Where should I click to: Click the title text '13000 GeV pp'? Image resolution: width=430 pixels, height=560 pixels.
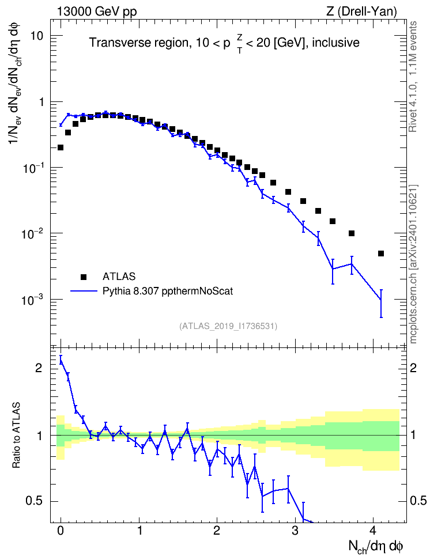[96, 12]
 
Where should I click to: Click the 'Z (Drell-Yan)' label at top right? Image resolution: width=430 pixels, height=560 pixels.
[361, 12]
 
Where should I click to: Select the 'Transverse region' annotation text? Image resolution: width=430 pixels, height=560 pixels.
[139, 43]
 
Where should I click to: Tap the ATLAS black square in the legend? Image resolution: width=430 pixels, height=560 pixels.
[84, 277]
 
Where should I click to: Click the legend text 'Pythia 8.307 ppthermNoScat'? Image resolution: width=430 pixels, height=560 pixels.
[168, 291]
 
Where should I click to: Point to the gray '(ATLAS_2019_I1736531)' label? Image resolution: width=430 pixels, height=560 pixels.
[228, 326]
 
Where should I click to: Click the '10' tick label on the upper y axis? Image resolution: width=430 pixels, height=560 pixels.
[36, 36]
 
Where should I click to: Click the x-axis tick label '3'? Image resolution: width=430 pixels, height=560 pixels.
[295, 531]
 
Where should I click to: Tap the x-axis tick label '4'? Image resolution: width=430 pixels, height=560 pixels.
[373, 531]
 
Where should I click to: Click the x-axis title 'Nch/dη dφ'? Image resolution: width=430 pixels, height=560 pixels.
[376, 547]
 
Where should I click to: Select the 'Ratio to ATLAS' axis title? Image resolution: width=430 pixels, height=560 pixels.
[16, 435]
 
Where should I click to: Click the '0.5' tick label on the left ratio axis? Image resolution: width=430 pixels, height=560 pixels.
[35, 501]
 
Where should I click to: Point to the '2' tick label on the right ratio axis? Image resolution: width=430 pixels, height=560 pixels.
[413, 368]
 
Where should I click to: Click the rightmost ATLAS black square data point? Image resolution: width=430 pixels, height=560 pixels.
[380, 253]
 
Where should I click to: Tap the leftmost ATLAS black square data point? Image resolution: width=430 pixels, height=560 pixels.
[61, 147]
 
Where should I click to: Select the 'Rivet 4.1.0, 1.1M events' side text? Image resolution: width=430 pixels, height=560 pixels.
[413, 77]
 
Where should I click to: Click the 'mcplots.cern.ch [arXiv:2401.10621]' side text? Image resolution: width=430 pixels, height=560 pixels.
[413, 264]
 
